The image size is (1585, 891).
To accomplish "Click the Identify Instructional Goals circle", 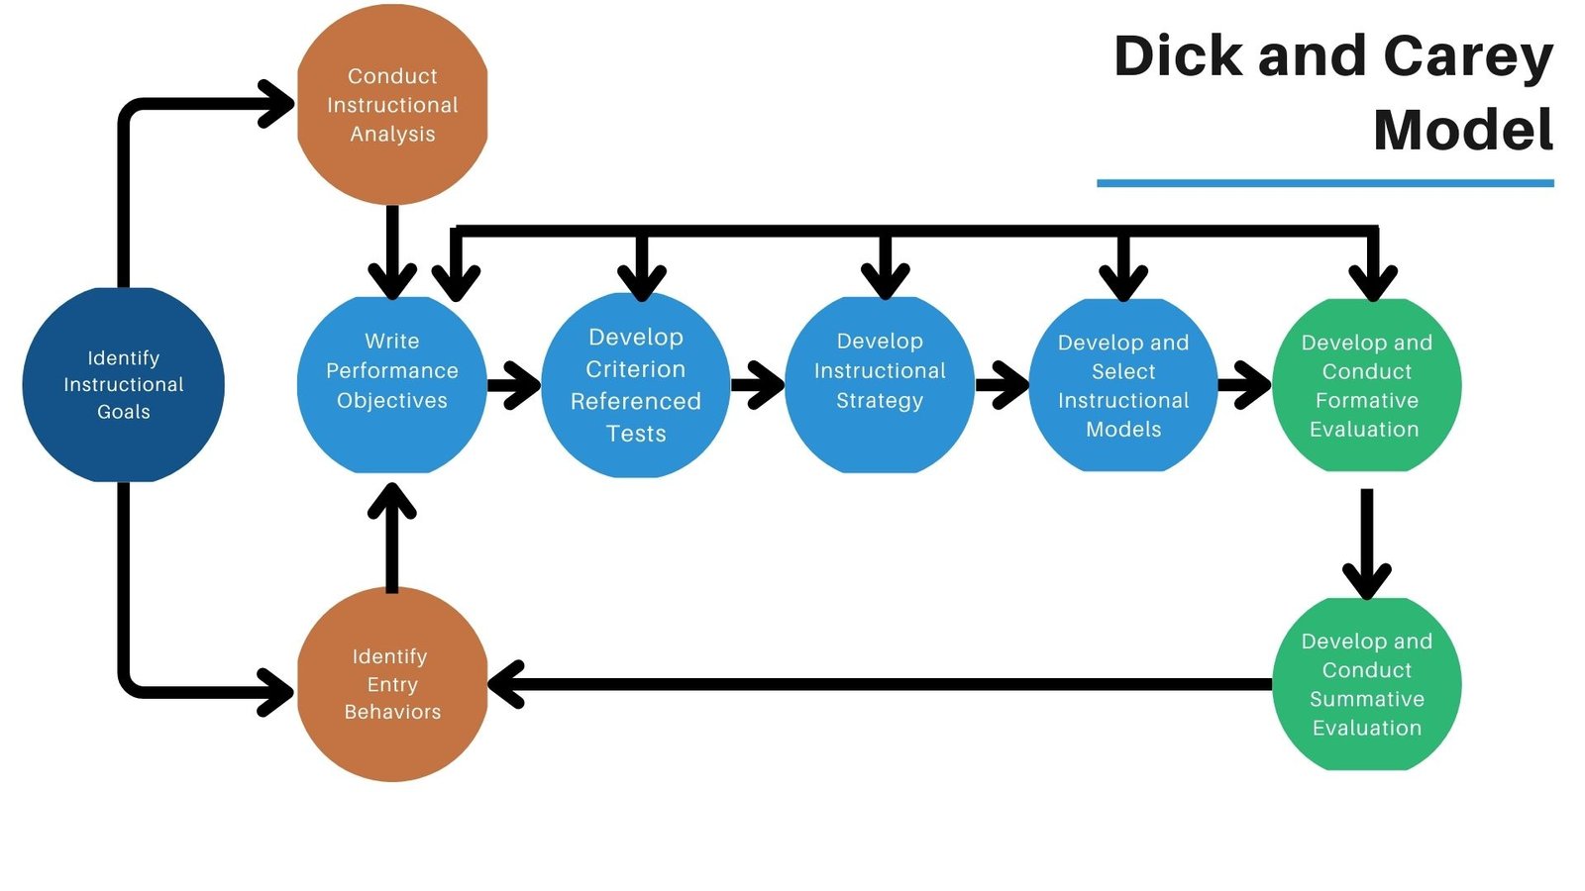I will coord(123,384).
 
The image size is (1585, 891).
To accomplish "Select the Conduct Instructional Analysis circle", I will coord(392,105).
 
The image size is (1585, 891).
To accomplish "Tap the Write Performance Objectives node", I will coord(392,384).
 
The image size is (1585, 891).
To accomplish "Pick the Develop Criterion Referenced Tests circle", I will coord(636,384).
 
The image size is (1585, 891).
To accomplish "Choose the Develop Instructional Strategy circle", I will coord(880,384).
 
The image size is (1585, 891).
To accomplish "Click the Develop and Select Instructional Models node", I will coord(1123,384).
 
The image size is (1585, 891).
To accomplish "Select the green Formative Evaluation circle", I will coord(1366,384).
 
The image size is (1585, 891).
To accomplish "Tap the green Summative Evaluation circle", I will coord(1366,683).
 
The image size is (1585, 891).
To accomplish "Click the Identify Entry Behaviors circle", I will coord(392,683).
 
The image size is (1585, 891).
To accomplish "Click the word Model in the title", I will coord(1463,130).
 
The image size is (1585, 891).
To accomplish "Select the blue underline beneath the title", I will coord(1324,183).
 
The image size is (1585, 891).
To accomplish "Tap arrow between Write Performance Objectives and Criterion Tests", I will coord(515,384).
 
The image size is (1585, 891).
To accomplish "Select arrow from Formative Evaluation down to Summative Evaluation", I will coord(1366,544).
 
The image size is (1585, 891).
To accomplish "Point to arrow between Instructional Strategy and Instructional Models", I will coord(1003,384).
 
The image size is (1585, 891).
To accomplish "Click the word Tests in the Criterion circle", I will coord(636,434).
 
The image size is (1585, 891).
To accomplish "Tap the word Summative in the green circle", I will coord(1366,699).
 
